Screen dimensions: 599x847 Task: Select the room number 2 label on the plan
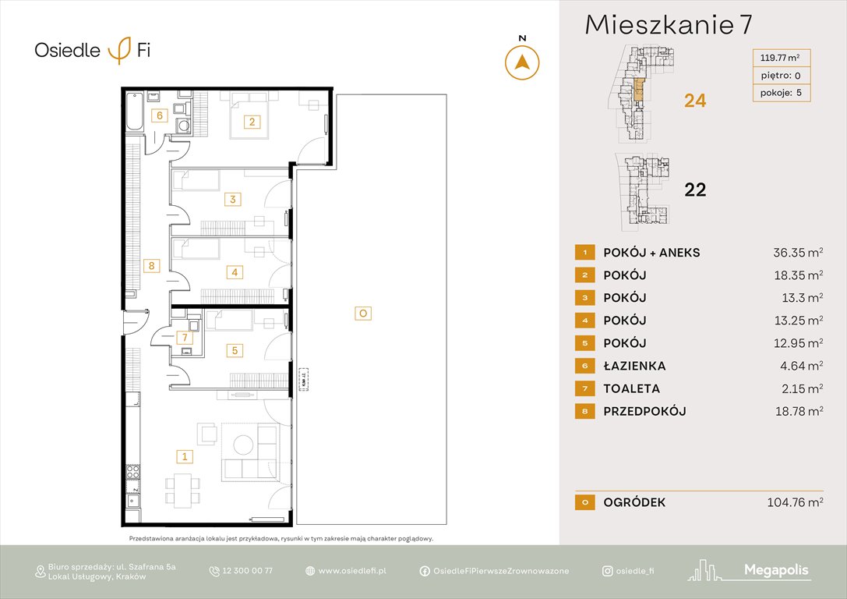point(252,121)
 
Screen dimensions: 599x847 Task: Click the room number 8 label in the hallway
point(153,266)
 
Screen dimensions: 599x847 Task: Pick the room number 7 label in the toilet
point(183,338)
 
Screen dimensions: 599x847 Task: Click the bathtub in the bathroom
point(135,112)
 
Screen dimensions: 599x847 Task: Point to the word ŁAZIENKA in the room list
point(634,366)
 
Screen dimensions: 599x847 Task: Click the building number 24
point(694,101)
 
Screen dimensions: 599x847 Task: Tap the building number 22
point(694,190)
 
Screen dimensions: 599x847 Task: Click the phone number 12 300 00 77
point(247,571)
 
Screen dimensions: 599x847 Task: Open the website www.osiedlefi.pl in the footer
point(352,571)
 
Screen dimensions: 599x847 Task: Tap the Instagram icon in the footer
point(606,571)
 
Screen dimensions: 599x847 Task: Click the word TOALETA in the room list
point(631,388)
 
